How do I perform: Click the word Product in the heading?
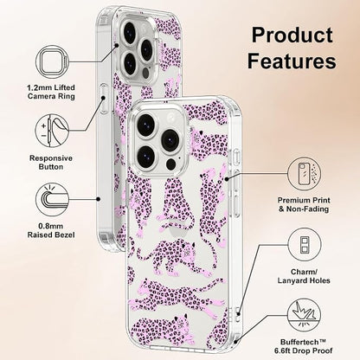click(x=292, y=35)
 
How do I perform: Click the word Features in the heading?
click(x=292, y=61)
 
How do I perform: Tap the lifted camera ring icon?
click(x=53, y=61)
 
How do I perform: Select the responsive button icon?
click(x=53, y=131)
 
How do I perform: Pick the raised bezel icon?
click(x=53, y=200)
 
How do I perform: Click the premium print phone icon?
click(x=305, y=174)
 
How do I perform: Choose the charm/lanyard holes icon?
click(x=305, y=245)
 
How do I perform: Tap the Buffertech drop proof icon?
click(x=305, y=316)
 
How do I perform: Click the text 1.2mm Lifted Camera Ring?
click(x=51, y=92)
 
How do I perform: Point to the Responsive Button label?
click(x=51, y=163)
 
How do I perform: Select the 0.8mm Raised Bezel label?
click(x=51, y=230)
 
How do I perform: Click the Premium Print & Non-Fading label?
click(x=304, y=204)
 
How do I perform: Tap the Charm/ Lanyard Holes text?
click(x=304, y=276)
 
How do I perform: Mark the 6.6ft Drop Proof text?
click(x=303, y=350)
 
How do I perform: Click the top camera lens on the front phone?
click(x=146, y=124)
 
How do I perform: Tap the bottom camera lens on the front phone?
click(x=146, y=157)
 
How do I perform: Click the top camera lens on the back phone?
click(x=130, y=32)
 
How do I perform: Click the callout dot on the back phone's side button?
click(x=103, y=98)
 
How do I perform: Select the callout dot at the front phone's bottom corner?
click(x=235, y=342)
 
